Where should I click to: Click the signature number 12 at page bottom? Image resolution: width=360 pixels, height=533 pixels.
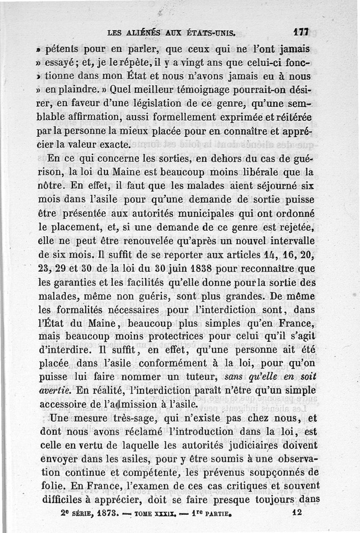[x=296, y=512]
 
